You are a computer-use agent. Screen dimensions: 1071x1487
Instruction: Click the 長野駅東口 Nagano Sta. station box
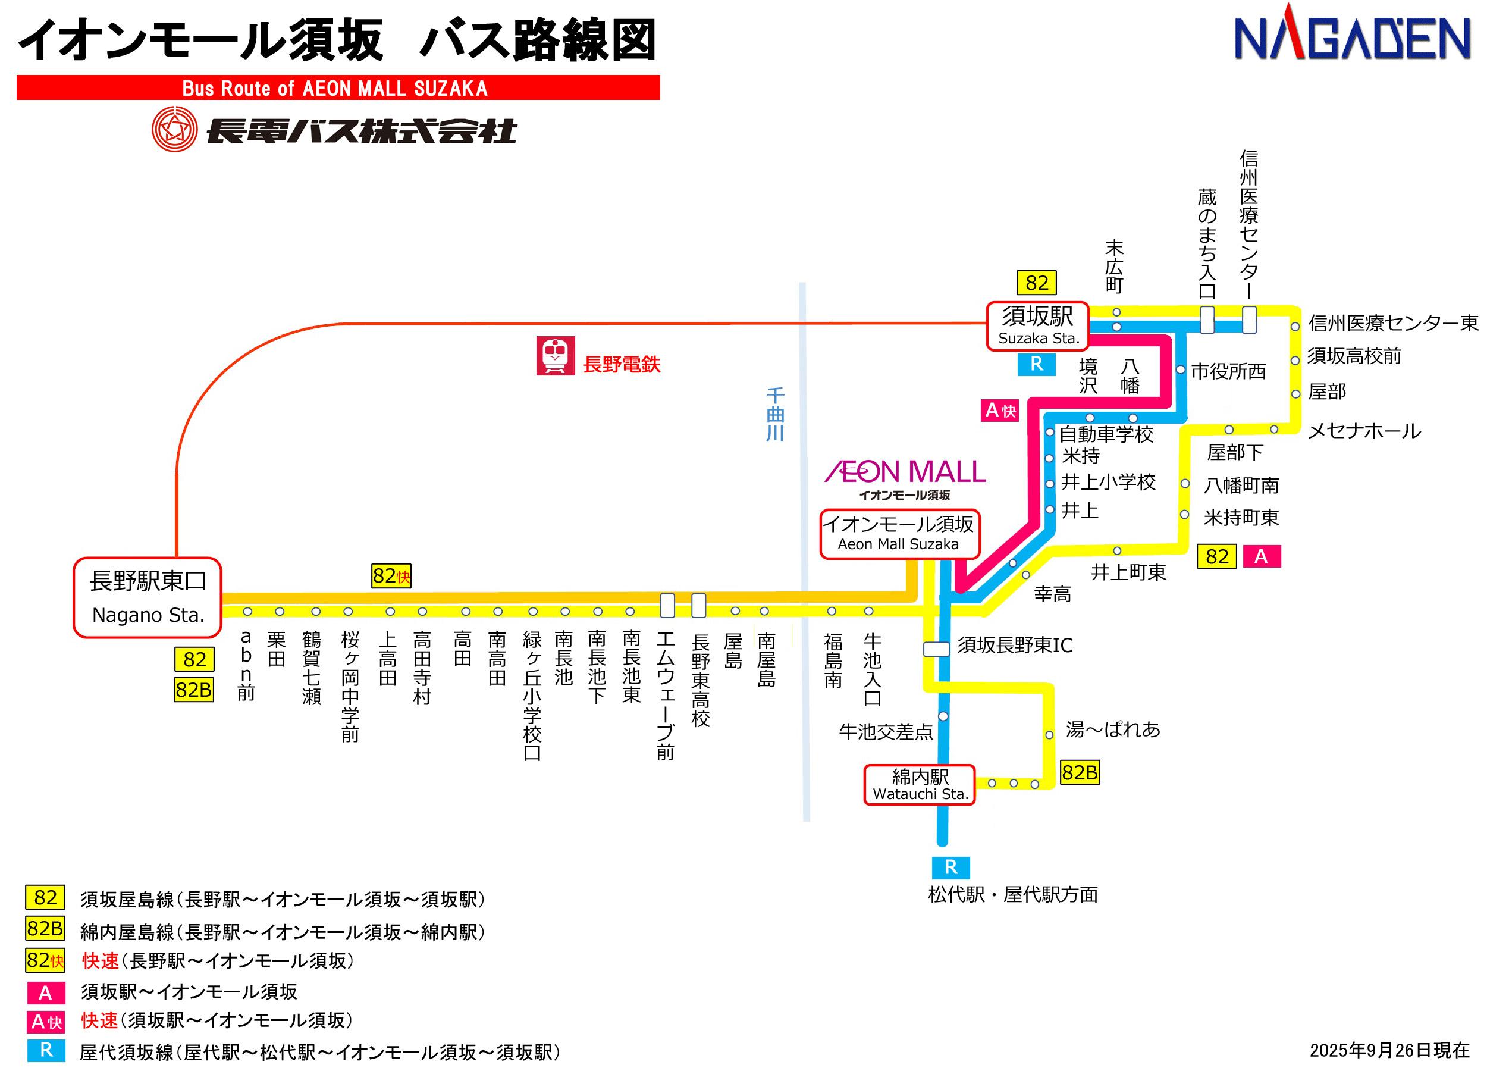pos(148,597)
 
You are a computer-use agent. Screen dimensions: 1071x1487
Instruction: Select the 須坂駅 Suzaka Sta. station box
pos(1038,326)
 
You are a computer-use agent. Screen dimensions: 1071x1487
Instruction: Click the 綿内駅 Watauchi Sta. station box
pos(920,785)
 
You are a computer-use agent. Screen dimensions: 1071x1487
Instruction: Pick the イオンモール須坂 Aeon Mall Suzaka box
pos(899,534)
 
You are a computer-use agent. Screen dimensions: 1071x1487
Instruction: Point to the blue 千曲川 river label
pos(775,415)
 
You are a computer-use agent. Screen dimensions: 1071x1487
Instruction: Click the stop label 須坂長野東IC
pos(1014,646)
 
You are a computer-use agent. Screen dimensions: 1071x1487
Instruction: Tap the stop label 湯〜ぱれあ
pos(1113,729)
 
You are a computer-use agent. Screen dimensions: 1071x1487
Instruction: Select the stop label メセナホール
pos(1364,431)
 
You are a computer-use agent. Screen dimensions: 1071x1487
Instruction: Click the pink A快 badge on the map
pos(1000,411)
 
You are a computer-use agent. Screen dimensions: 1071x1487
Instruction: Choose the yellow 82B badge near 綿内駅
pos(1079,772)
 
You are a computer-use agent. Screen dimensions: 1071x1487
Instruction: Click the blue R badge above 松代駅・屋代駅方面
pos(950,868)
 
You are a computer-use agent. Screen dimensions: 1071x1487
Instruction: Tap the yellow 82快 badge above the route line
pos(391,576)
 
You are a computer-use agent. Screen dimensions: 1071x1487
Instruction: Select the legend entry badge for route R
pos(46,1050)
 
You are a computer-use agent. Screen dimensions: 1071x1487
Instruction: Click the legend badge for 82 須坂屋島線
pos(45,897)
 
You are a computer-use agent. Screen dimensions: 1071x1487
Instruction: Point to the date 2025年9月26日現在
pos(1389,1050)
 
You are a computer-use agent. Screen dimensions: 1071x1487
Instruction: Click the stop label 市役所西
pos(1228,371)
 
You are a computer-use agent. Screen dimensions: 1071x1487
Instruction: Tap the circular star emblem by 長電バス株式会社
pos(174,129)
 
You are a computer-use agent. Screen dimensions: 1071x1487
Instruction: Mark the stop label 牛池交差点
pos(886,732)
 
